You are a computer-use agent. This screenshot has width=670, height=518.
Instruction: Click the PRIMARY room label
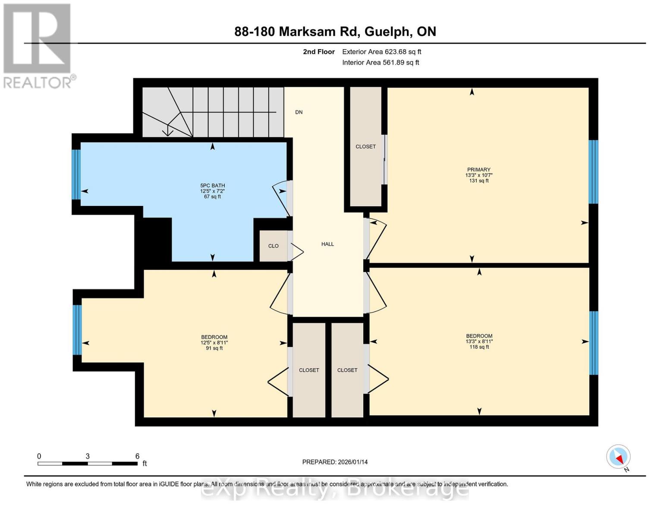click(x=478, y=170)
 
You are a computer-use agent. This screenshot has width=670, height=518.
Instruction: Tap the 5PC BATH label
click(x=212, y=186)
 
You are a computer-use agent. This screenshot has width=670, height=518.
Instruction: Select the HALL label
click(x=327, y=244)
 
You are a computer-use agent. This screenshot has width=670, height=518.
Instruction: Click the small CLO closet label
click(x=273, y=246)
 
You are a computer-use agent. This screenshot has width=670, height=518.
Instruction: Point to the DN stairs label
click(x=299, y=112)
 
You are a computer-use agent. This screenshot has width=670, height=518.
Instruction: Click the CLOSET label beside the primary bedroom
click(x=365, y=147)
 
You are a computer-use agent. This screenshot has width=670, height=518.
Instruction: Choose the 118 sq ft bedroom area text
click(x=479, y=347)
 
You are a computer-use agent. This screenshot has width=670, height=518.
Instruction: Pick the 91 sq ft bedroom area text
click(x=214, y=348)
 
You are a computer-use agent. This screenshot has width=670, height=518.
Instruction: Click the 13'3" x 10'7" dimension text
click(x=478, y=175)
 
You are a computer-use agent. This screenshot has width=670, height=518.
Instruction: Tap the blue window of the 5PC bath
click(x=76, y=174)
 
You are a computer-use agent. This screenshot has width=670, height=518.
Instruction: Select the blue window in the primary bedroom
click(x=594, y=172)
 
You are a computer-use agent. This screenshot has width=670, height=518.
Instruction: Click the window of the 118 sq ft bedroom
click(x=594, y=343)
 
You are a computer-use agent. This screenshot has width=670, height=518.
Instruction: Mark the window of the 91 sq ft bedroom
click(x=77, y=330)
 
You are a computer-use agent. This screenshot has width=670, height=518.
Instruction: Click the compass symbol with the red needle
click(x=618, y=457)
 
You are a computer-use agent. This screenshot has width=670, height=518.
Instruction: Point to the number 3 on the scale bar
click(x=88, y=456)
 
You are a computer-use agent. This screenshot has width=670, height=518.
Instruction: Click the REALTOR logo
click(x=38, y=45)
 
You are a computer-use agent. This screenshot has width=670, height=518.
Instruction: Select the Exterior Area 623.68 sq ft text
click(x=381, y=52)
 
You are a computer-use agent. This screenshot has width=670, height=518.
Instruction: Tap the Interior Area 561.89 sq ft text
click(x=381, y=63)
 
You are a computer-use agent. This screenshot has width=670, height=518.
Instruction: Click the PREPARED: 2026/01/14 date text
click(x=335, y=462)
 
